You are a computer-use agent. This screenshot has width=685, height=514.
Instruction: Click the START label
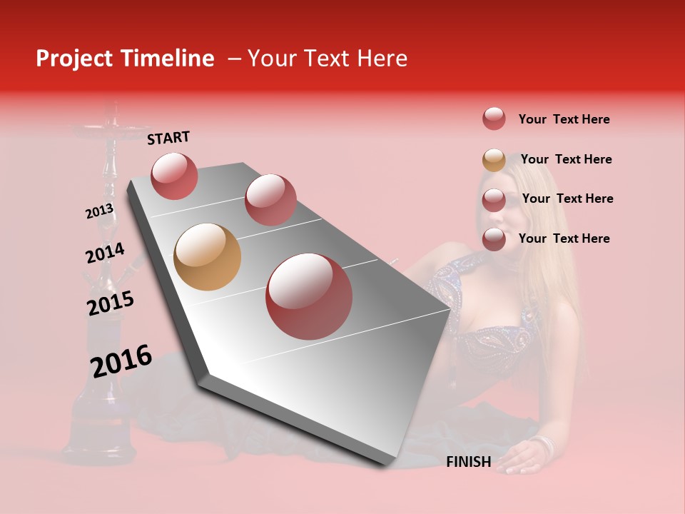pyautogui.click(x=168, y=138)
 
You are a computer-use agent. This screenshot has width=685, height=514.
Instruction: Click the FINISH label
pyautogui.click(x=468, y=462)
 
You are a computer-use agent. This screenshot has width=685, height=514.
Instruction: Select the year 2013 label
pyautogui.click(x=99, y=211)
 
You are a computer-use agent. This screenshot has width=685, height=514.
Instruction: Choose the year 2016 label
pyautogui.click(x=121, y=361)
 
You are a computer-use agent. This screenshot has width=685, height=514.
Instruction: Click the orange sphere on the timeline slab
pyautogui.click(x=207, y=257)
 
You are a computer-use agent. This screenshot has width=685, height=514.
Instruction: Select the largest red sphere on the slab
pyautogui.click(x=309, y=296)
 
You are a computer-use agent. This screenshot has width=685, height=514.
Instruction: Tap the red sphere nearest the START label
pyautogui.click(x=174, y=176)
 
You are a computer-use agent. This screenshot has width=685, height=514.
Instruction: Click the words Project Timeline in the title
pyautogui.click(x=125, y=59)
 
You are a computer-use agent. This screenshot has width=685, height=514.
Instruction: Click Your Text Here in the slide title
pyautogui.click(x=328, y=59)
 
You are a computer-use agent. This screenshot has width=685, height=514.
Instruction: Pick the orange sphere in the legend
pyautogui.click(x=494, y=160)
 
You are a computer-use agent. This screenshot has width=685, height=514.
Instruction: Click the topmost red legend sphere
pyautogui.click(x=494, y=119)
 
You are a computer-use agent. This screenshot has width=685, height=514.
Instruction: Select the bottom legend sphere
pyautogui.click(x=494, y=239)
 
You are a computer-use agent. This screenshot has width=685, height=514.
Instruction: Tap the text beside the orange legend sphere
pyautogui.click(x=566, y=159)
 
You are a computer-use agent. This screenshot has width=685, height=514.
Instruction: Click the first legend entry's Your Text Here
pyautogui.click(x=564, y=119)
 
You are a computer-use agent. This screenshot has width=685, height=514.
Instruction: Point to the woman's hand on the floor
pyautogui.click(x=524, y=455)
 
